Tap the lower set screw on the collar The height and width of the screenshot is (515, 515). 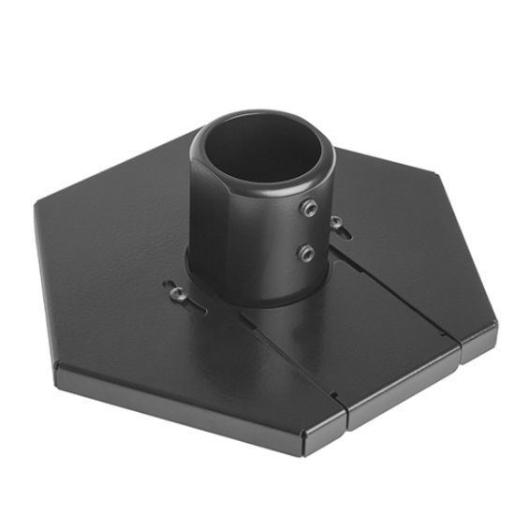[305, 251]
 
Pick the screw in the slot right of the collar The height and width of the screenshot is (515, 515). [334, 222]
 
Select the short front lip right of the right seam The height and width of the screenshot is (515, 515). [480, 343]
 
